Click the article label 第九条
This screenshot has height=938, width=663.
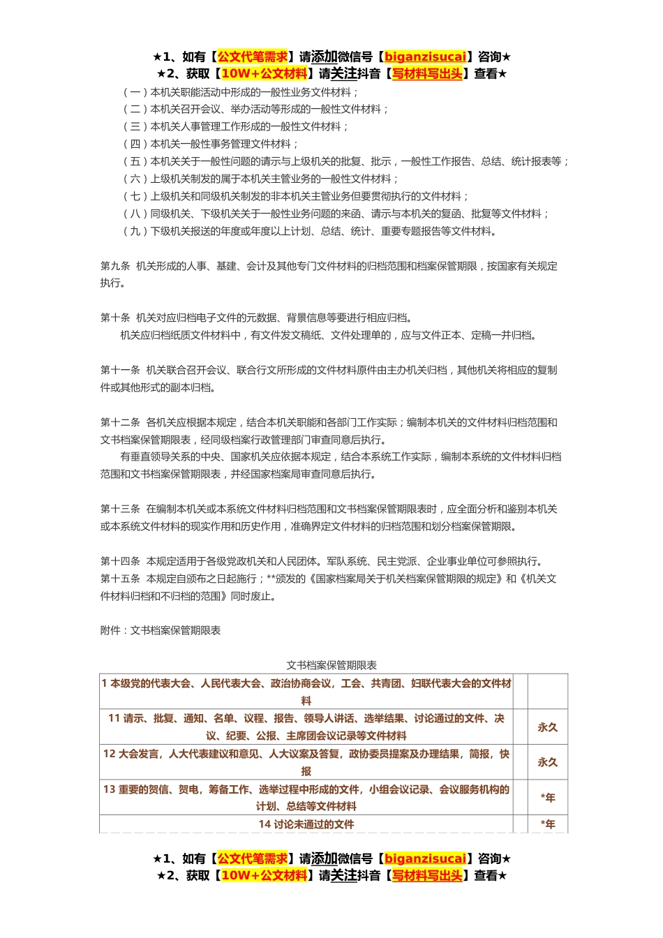[115, 266]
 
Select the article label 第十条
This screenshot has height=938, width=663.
[115, 318]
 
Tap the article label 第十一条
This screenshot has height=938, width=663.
[120, 371]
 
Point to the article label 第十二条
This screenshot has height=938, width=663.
[120, 422]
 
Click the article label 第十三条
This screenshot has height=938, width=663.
[120, 509]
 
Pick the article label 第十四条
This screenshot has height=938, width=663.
[120, 561]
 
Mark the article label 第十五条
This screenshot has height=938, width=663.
[120, 579]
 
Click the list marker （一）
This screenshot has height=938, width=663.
[135, 92]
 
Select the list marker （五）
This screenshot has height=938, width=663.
[135, 162]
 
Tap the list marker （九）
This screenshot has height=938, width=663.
[135, 232]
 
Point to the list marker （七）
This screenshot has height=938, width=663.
[135, 197]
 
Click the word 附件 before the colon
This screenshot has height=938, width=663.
[110, 631]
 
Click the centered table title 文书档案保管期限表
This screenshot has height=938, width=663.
[331, 666]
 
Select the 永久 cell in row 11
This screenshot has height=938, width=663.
[548, 727]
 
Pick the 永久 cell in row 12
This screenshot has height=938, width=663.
[548, 762]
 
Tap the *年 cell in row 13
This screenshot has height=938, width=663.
[548, 798]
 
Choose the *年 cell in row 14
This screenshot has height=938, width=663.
[548, 824]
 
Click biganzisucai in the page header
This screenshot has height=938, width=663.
[425, 57]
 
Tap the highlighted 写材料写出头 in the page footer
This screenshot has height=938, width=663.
[427, 875]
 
